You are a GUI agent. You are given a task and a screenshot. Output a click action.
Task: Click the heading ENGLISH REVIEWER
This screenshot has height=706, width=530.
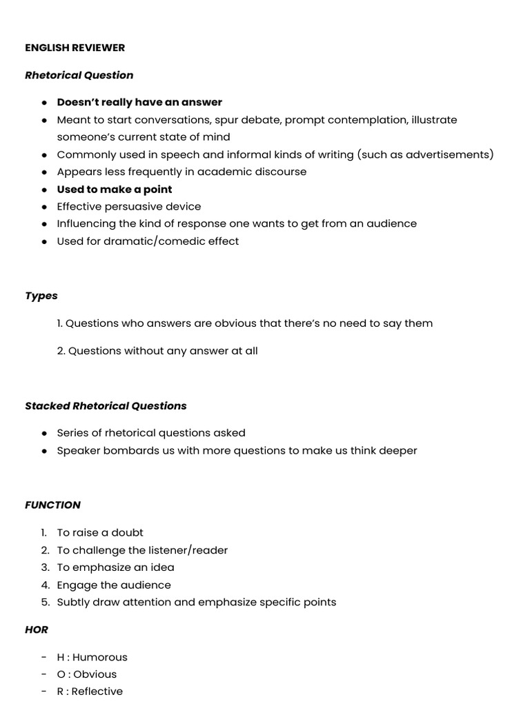click(x=75, y=48)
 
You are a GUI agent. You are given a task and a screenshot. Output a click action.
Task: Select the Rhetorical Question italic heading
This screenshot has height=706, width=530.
click(x=79, y=75)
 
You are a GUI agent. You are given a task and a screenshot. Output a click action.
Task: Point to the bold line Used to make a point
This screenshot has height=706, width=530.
click(x=115, y=189)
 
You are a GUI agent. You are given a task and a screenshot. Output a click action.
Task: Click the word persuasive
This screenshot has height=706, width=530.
click(x=132, y=206)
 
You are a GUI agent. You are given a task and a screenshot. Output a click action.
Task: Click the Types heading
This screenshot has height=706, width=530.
click(x=41, y=296)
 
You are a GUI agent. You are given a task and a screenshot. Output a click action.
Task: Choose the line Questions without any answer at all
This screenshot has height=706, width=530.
click(x=157, y=350)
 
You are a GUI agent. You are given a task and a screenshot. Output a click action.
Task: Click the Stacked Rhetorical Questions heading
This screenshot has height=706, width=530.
click(x=106, y=406)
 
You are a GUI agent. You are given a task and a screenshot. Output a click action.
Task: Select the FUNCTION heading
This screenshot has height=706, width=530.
click(x=52, y=505)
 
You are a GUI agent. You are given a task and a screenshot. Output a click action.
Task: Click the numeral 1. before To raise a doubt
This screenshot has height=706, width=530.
click(x=43, y=532)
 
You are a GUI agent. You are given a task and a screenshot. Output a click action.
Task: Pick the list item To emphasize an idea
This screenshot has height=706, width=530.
click(x=115, y=567)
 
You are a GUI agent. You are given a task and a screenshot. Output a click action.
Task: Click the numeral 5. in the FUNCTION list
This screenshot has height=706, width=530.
click(x=45, y=602)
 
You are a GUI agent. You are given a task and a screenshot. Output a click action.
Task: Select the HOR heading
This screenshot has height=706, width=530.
click(x=37, y=629)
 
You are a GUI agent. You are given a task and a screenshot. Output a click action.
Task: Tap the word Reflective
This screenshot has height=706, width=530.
click(x=97, y=691)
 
